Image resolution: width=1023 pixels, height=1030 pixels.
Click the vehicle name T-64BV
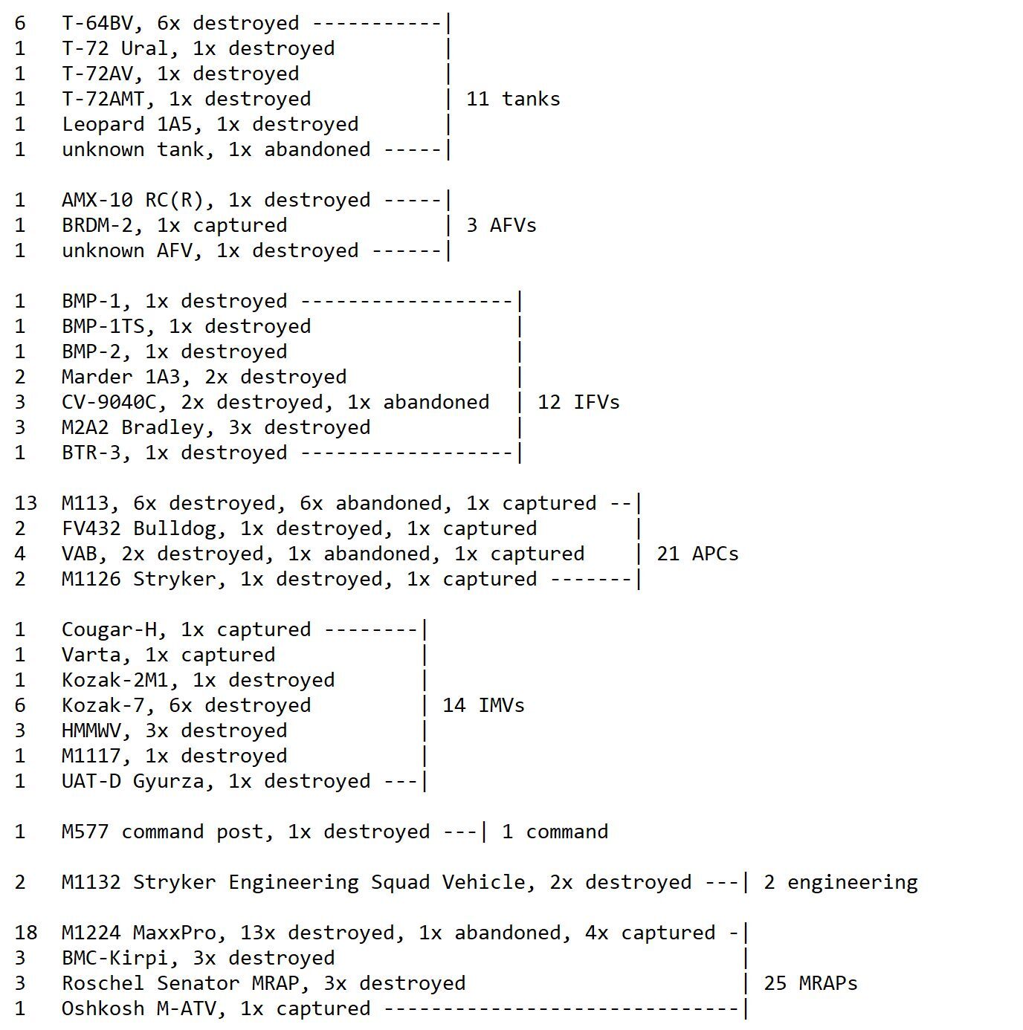[x=97, y=23]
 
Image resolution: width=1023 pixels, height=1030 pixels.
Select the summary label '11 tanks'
[x=513, y=99]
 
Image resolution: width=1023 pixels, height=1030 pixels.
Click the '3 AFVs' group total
[x=501, y=225]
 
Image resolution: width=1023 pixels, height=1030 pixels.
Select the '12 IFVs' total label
[x=578, y=402]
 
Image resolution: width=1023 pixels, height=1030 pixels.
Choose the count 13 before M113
[x=25, y=503]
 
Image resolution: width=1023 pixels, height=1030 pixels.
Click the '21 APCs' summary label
[x=697, y=554]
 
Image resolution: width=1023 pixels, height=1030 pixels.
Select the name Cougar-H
[x=109, y=629]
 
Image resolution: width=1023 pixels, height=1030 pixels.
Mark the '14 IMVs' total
[x=483, y=705]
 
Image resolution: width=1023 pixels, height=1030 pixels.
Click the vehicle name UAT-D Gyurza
[x=139, y=781]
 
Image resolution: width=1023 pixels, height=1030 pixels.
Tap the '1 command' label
[x=555, y=832]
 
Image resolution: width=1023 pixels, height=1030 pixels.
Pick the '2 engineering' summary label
[x=840, y=882]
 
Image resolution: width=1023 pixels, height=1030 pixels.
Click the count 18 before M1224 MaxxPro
[x=25, y=933]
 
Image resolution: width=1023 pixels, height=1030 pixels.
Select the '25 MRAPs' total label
[x=810, y=983]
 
